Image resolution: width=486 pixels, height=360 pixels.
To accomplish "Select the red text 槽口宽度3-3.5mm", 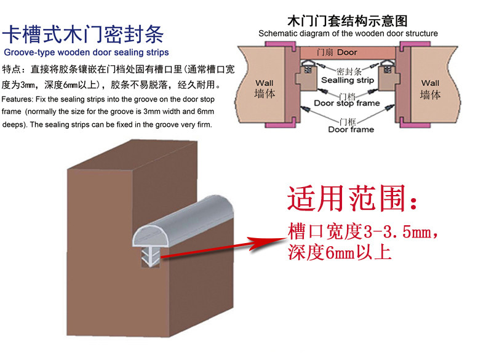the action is pyautogui.click(x=363, y=233).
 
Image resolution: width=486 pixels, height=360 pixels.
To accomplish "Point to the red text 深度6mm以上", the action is pyautogui.click(x=339, y=252).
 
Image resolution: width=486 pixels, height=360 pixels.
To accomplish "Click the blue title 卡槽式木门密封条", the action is pyautogui.click(x=86, y=33).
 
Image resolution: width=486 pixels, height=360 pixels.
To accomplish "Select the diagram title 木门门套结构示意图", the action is pyautogui.click(x=348, y=21).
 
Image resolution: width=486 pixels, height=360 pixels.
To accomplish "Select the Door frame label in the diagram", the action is pyautogui.click(x=351, y=129).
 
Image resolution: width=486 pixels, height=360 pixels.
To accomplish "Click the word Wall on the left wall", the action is pyautogui.click(x=265, y=83).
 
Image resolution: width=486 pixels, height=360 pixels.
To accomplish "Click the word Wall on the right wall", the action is pyautogui.click(x=430, y=83).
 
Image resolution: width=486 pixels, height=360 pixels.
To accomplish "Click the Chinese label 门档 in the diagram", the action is pyautogui.click(x=346, y=95).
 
